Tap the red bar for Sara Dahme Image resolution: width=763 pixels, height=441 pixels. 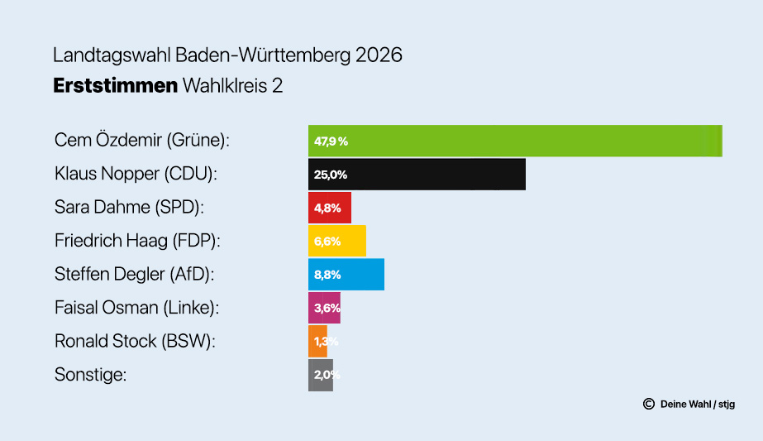click(x=330, y=208)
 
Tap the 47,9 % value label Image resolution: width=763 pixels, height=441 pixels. click(x=331, y=141)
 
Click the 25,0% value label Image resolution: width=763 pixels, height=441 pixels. click(x=331, y=175)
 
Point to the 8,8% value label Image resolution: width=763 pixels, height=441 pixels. click(x=327, y=275)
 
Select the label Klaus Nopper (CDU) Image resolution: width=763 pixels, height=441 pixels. click(x=135, y=174)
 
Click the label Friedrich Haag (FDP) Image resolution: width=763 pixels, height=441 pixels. click(x=136, y=241)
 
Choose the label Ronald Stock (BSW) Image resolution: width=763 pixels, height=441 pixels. click(x=135, y=341)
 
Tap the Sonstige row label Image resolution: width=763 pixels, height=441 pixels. click(x=90, y=375)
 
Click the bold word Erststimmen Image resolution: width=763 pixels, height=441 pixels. click(x=115, y=85)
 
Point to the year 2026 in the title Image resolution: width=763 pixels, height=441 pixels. click(x=379, y=56)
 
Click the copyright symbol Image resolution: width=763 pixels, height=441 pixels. click(x=648, y=405)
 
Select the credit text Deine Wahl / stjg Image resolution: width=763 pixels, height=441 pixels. click(x=698, y=405)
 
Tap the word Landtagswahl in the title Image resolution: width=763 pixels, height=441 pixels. click(x=112, y=56)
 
